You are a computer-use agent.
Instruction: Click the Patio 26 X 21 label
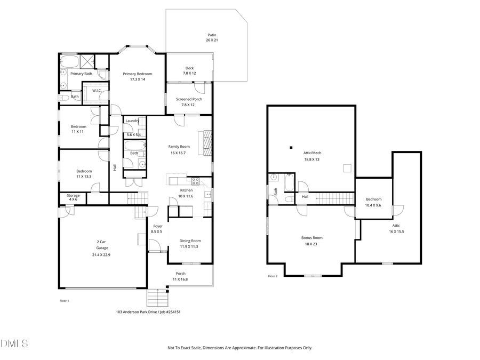(x=212, y=37)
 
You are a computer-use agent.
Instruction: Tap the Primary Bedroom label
(x=137, y=76)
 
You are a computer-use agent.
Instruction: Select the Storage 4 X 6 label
(x=73, y=197)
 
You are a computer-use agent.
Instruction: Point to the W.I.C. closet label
(x=97, y=91)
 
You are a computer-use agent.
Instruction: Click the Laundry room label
(x=132, y=121)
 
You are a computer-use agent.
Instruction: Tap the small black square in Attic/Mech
(x=291, y=147)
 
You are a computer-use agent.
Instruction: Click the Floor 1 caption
(x=64, y=301)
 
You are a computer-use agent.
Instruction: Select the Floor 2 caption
(x=273, y=276)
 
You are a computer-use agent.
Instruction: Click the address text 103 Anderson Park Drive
(x=141, y=312)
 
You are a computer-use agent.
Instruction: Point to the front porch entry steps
(x=157, y=297)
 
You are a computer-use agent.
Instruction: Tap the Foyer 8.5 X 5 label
(x=157, y=229)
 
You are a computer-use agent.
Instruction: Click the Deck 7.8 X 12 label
(x=189, y=70)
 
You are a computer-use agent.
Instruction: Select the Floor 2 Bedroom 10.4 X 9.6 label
(x=373, y=202)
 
